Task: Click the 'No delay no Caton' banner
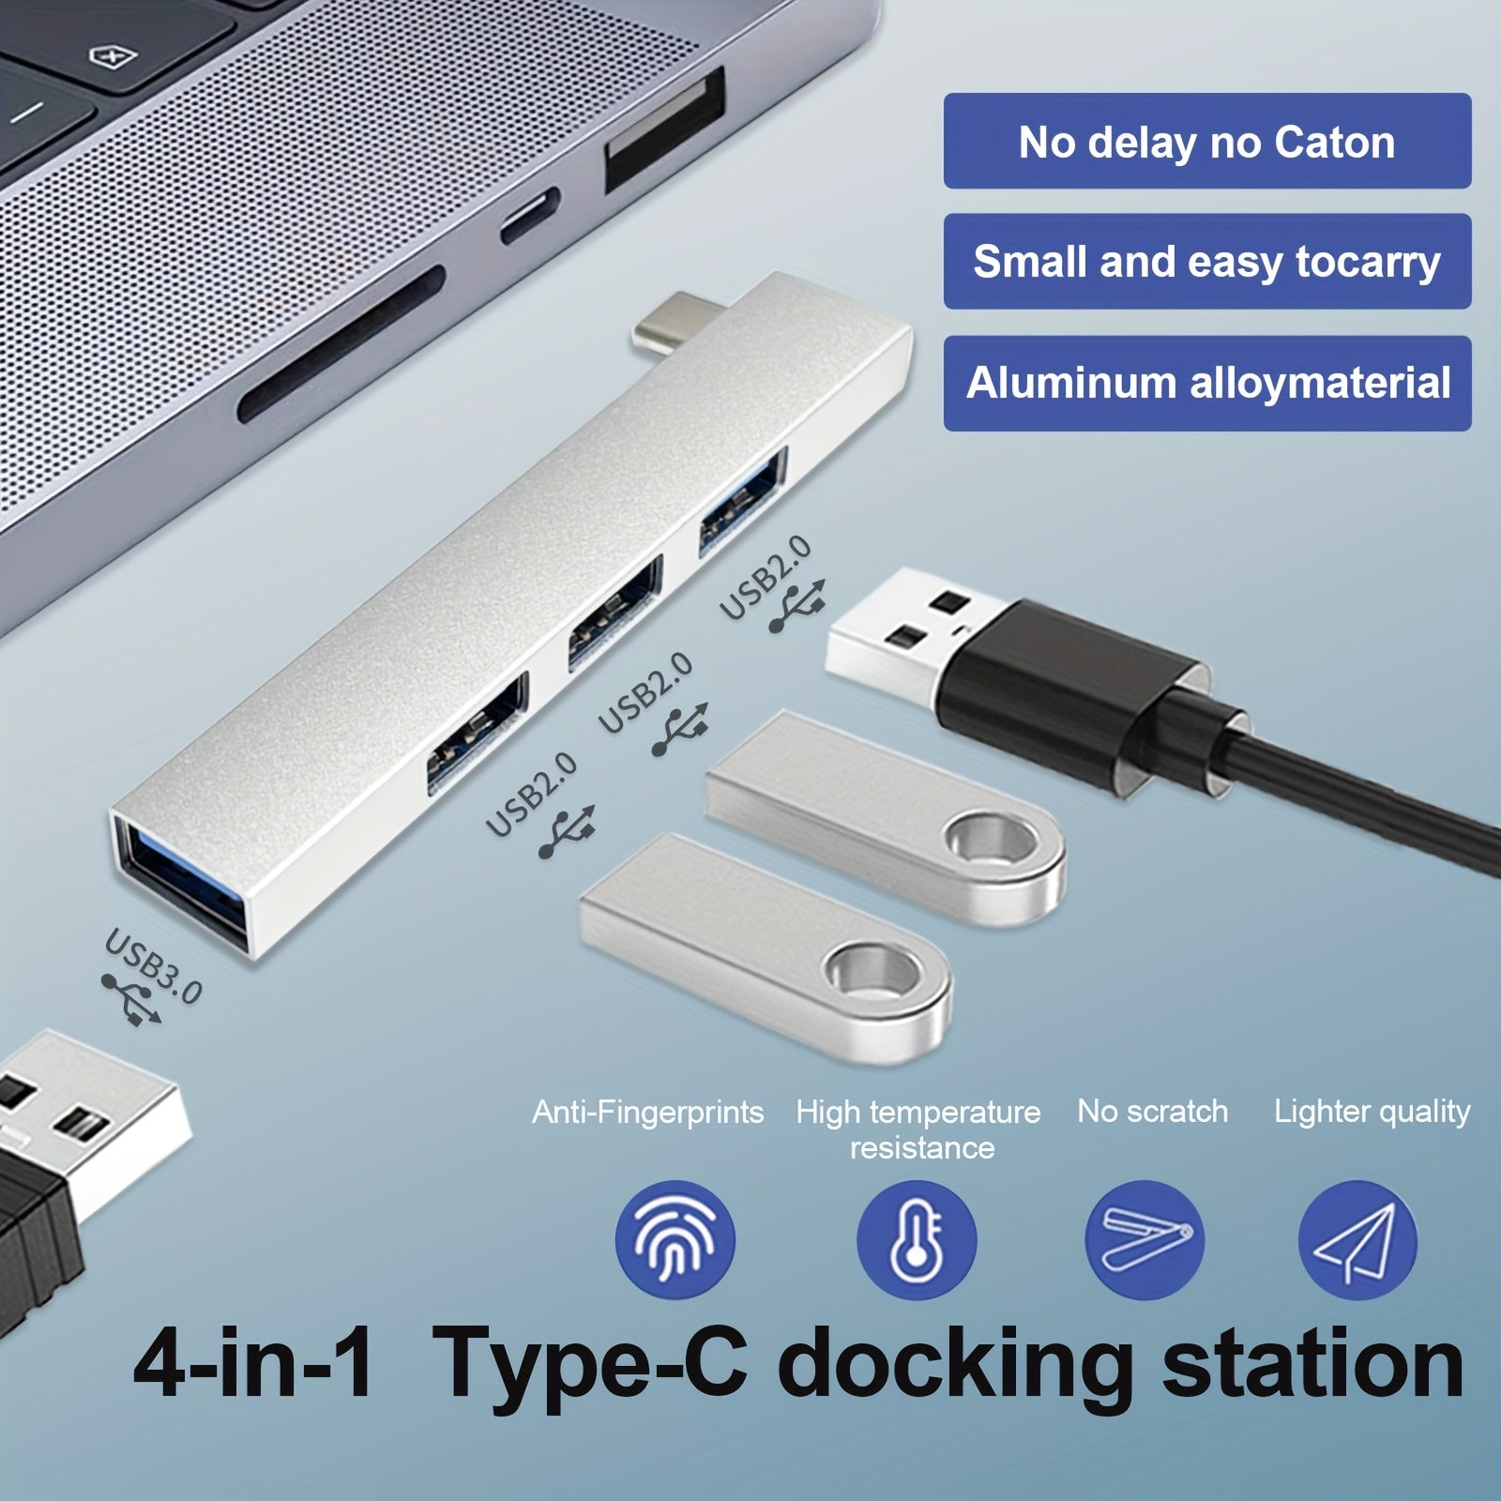tap(1207, 141)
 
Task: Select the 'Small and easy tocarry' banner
tap(1207, 262)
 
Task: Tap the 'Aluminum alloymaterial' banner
tap(1207, 383)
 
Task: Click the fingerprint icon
tap(675, 1240)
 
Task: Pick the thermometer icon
tap(917, 1240)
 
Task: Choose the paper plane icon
tap(1357, 1240)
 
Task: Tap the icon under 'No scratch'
tap(1145, 1240)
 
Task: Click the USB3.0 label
tap(153, 965)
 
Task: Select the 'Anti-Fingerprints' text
tap(647, 1113)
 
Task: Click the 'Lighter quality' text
tap(1372, 1113)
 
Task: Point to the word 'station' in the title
tap(1313, 1363)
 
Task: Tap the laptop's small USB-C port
tap(530, 216)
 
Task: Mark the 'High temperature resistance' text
tap(919, 1130)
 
